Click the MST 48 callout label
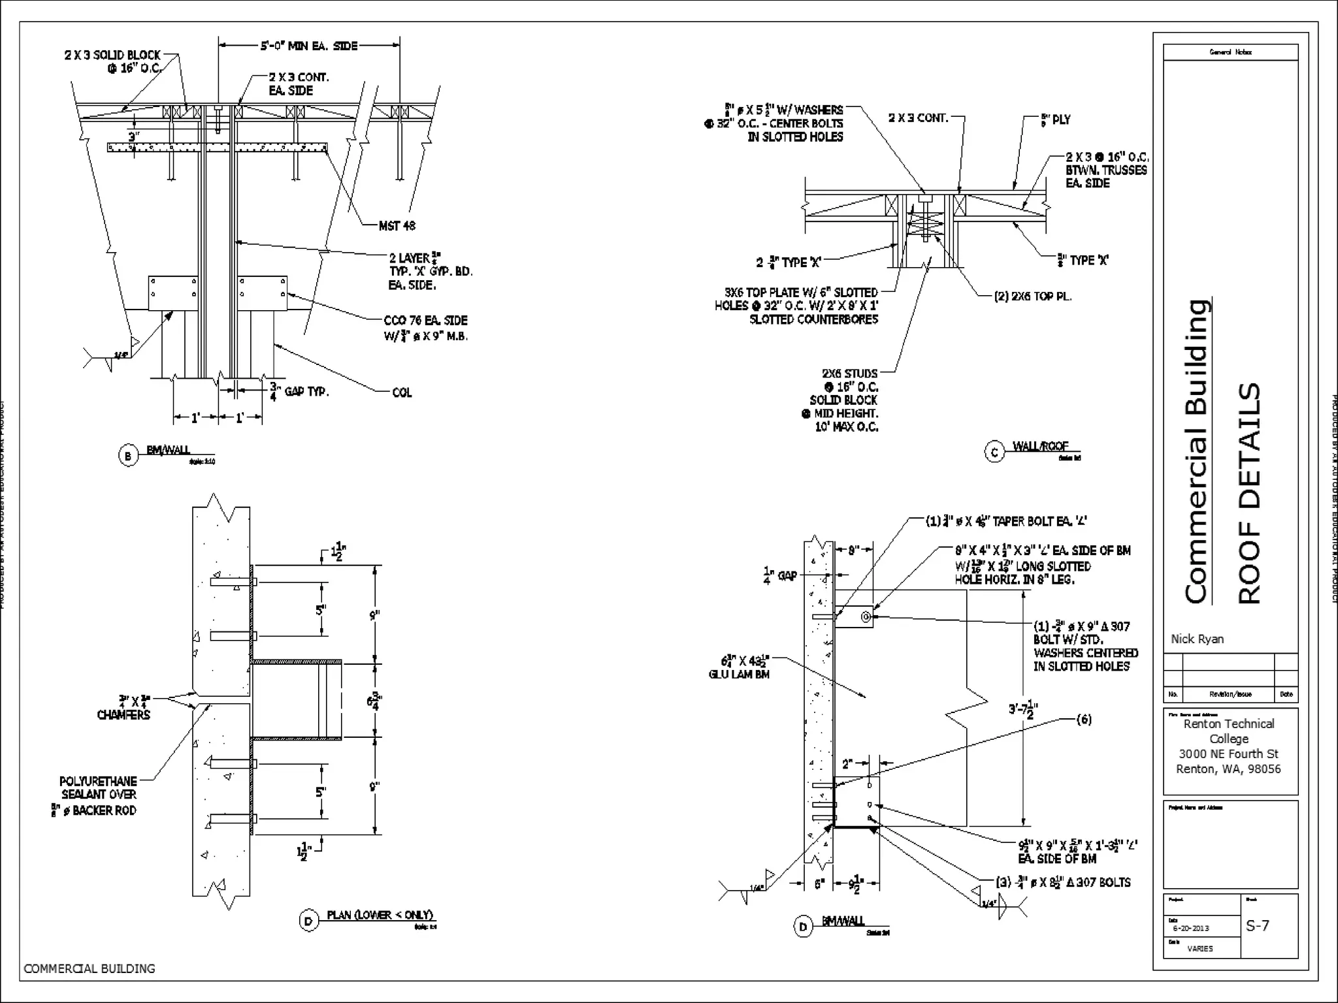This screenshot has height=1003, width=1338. coord(397,226)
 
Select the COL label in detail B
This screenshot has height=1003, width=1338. coord(402,392)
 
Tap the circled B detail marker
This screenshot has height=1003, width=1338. coord(128,456)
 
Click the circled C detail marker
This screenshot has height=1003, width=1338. coord(994,452)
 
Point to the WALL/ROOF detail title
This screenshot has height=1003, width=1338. coord(1040,446)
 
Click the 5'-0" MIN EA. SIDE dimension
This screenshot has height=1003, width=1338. coord(309,46)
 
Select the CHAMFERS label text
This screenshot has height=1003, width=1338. coord(123,715)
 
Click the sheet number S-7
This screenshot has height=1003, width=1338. coord(1257,925)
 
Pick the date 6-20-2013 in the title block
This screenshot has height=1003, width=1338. coord(1190,928)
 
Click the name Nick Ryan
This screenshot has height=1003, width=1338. coord(1197,639)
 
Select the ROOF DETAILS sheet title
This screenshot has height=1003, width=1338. coord(1249,493)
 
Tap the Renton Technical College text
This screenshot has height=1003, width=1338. coord(1228,731)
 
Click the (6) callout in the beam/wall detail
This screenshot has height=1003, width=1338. coord(1083,720)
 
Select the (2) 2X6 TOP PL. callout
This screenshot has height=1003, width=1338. coord(1032,296)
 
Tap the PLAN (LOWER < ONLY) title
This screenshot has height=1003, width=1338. coord(380,915)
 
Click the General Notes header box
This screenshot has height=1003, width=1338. coord(1230,52)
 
